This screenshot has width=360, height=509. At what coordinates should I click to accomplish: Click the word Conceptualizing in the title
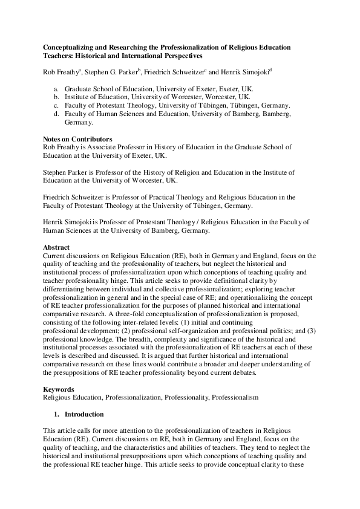(x=67, y=47)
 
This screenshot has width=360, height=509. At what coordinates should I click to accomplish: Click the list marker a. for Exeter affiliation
(x=56, y=88)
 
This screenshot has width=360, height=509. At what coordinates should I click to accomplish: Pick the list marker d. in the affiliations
(x=56, y=114)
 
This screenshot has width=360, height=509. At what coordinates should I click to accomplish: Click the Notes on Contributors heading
(x=77, y=139)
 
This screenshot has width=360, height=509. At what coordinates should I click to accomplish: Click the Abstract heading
(x=56, y=247)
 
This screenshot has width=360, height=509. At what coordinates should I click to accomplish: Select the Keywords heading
(x=58, y=390)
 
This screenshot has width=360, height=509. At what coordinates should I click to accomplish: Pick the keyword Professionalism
(x=237, y=398)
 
